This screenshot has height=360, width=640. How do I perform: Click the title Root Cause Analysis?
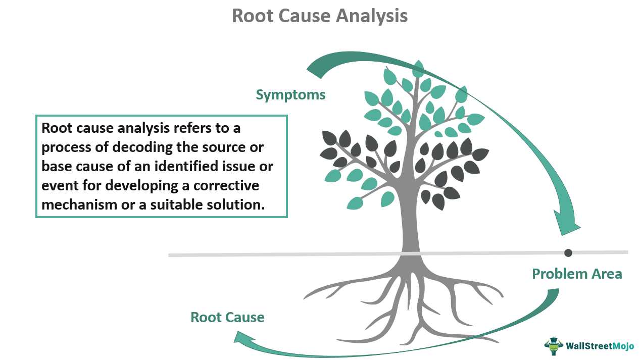(x=320, y=16)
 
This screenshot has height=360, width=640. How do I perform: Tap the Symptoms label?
(x=290, y=94)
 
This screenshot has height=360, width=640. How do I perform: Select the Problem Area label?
(x=577, y=274)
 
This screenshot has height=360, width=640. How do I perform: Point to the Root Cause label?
(x=227, y=317)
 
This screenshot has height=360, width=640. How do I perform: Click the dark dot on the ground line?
(x=568, y=252)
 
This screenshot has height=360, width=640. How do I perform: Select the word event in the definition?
(x=56, y=185)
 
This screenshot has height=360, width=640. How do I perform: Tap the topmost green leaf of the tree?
(x=418, y=68)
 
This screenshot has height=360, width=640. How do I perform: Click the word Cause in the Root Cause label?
(x=245, y=317)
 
